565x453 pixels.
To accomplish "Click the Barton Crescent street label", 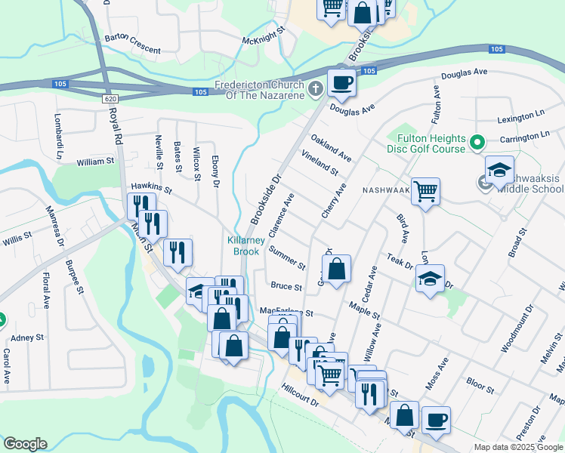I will (133, 43).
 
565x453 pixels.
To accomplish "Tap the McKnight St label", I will (262, 35).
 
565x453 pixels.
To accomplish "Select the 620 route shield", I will (110, 99).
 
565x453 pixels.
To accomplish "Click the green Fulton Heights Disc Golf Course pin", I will (477, 142).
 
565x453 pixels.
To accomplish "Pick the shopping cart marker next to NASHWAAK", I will (426, 192).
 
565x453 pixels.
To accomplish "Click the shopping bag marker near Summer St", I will (337, 267).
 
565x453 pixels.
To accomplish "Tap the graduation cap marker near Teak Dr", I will (430, 278).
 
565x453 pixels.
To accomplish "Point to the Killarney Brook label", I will (245, 245).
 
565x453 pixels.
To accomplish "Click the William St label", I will (95, 161).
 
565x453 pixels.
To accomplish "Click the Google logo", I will (25, 444).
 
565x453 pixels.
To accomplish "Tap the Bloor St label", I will (480, 386).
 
